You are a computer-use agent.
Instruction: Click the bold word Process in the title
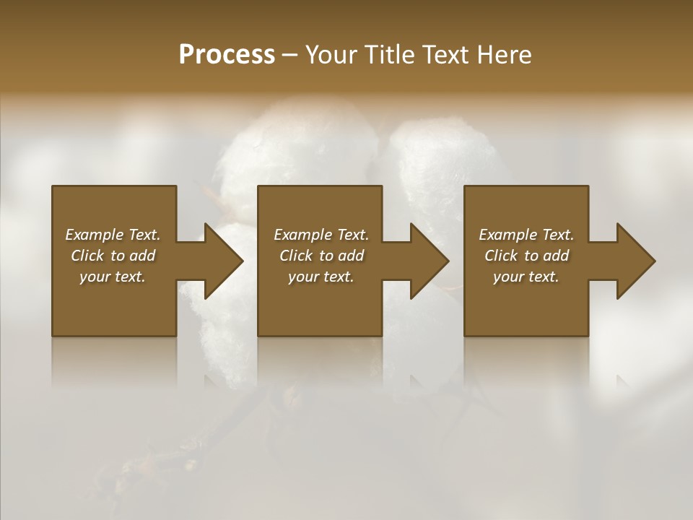point(227,55)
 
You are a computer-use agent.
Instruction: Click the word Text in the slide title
point(446,55)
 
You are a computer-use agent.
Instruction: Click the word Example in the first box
point(95,235)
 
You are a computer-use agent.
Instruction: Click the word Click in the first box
point(87,256)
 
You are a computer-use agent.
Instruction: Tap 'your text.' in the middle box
point(321,277)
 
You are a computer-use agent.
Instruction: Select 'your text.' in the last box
point(526,277)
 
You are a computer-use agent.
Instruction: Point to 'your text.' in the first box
point(112,277)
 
